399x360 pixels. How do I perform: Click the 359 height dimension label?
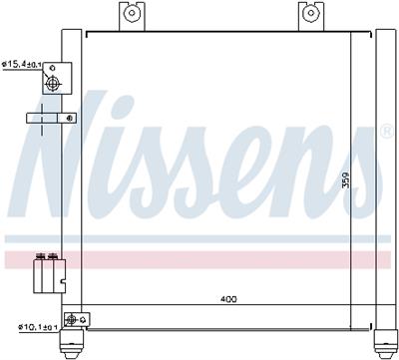pyautogui.click(x=346, y=182)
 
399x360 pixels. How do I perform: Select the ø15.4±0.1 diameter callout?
pyautogui.click(x=23, y=65)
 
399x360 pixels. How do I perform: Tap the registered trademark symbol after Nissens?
pyautogui.click(x=385, y=131)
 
